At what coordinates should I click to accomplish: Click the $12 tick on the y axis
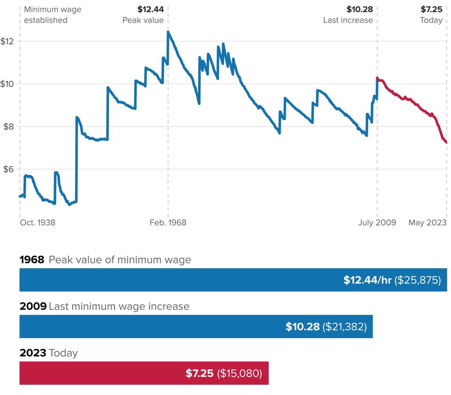(7, 41)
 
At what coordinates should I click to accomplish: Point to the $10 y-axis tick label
(7, 84)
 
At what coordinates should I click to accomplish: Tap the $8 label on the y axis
(9, 126)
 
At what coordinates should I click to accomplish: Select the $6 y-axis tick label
(9, 169)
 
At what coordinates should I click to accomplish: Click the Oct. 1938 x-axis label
(38, 223)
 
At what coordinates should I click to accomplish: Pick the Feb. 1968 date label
(168, 223)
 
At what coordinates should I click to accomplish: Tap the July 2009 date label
(377, 223)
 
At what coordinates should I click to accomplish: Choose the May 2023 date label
(427, 223)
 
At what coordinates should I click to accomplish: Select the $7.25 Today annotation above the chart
(431, 15)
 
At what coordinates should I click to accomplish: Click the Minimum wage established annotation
(51, 15)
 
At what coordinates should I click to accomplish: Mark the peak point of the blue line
(168, 32)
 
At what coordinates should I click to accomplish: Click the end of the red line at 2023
(446, 142)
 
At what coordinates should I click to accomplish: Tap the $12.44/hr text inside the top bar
(367, 280)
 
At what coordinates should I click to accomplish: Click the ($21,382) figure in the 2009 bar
(344, 327)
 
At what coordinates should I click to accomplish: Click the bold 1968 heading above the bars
(32, 260)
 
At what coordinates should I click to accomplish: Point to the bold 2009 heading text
(33, 307)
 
